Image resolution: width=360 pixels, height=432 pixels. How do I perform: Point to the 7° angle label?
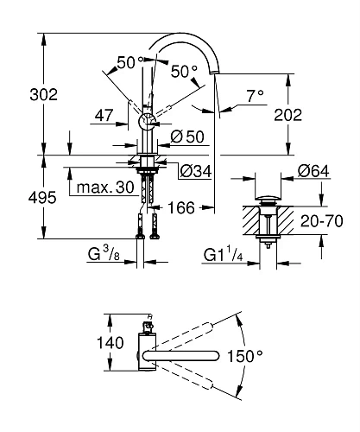click(253, 98)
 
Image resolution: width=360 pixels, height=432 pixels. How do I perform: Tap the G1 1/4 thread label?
click(223, 254)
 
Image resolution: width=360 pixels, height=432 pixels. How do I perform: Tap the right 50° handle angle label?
click(183, 70)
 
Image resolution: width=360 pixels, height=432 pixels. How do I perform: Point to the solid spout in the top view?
click(186, 355)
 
